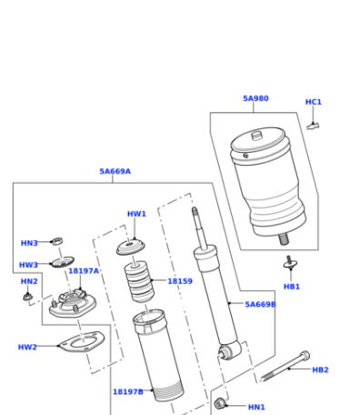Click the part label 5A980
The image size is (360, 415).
coord(255,98)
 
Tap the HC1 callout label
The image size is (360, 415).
coord(314,102)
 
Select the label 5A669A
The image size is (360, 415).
coord(115,171)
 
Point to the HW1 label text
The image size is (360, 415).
coord(136,214)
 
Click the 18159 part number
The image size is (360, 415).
coord(180,281)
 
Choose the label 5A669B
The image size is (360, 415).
coord(260,304)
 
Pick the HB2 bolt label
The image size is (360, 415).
coord(320,369)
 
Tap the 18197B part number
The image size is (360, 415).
coord(128,392)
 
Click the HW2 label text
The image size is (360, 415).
coord(27,347)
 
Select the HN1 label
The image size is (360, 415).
coord(256,407)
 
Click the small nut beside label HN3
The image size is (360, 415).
coord(57,241)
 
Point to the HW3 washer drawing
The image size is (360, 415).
coord(63,262)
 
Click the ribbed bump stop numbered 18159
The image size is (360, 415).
coord(139,281)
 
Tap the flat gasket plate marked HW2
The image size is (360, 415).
coord(82,342)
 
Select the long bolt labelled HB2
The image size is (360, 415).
coord(285,366)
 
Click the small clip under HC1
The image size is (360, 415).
coord(314,126)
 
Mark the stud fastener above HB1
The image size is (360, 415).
coord(290,262)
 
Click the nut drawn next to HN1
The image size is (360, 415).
coord(220,403)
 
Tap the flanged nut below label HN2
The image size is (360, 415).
coord(27,297)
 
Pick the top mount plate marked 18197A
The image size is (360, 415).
coord(73,303)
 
